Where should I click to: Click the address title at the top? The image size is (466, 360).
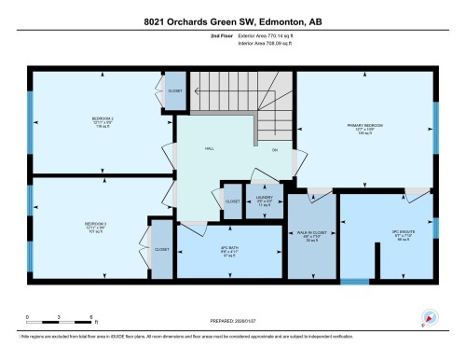(232, 21)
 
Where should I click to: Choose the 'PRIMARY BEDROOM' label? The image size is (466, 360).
(364, 125)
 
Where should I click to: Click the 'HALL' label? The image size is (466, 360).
(211, 148)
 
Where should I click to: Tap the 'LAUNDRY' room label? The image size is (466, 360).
(264, 199)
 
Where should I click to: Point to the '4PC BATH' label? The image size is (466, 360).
(229, 249)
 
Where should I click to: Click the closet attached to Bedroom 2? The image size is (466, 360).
(174, 91)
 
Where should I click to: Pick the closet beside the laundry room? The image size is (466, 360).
(232, 200)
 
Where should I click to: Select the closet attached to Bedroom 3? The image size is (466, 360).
(161, 250)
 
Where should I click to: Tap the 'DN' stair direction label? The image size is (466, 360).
(274, 149)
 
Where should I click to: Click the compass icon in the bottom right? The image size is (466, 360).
(430, 317)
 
